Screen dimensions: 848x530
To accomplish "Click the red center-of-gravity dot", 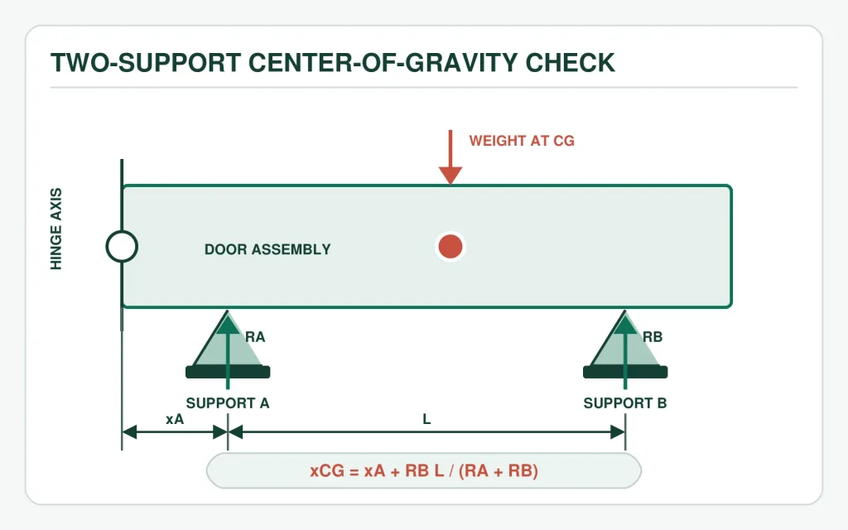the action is tap(450, 247).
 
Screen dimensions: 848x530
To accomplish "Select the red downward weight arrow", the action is tap(450, 157).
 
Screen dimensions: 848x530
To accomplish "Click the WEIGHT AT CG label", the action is tap(522, 141).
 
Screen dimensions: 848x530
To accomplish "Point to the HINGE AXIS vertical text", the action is tap(56, 229).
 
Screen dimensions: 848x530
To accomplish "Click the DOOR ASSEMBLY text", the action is tap(267, 249).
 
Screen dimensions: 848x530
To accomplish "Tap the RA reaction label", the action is tap(255, 337).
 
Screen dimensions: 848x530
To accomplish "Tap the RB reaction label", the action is tap(653, 337).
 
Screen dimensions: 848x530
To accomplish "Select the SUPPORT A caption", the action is tap(228, 403).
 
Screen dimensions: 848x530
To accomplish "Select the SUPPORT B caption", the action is tap(625, 403).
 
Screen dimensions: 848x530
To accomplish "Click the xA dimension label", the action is tap(175, 419).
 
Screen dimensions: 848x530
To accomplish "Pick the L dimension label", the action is tap(426, 419).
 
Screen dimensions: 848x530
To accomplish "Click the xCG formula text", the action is tap(424, 470).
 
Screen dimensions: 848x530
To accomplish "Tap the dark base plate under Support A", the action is tap(228, 372).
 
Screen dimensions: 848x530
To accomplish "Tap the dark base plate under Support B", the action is tap(625, 372).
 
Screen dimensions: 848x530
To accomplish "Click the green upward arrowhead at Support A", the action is tap(228, 325).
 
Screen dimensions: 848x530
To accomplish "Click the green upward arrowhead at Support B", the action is tap(625, 325).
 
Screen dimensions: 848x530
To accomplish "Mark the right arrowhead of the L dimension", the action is tap(618, 432).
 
